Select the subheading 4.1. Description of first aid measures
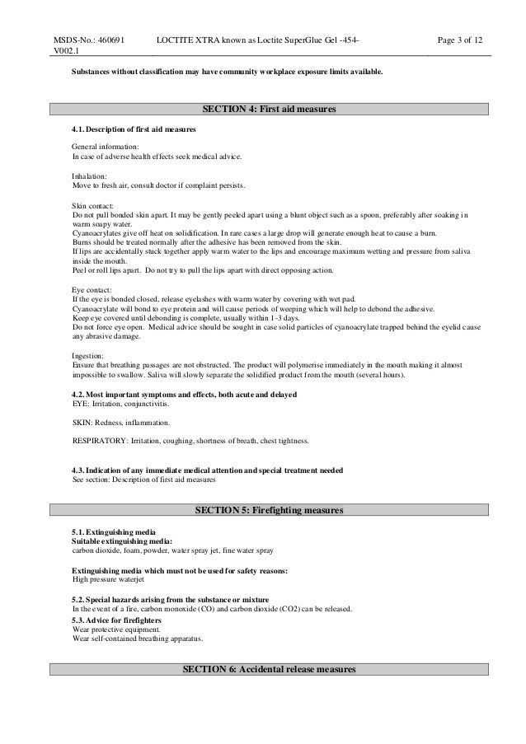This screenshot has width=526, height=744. click(134, 129)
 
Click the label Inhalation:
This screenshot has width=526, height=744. click(89, 176)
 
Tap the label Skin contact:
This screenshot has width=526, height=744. click(92, 206)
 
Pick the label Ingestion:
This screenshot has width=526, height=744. click(88, 355)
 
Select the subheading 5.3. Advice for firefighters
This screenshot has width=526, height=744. click(117, 619)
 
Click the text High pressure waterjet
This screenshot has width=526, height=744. click(109, 579)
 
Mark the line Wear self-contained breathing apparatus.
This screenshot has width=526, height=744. click(136, 638)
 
